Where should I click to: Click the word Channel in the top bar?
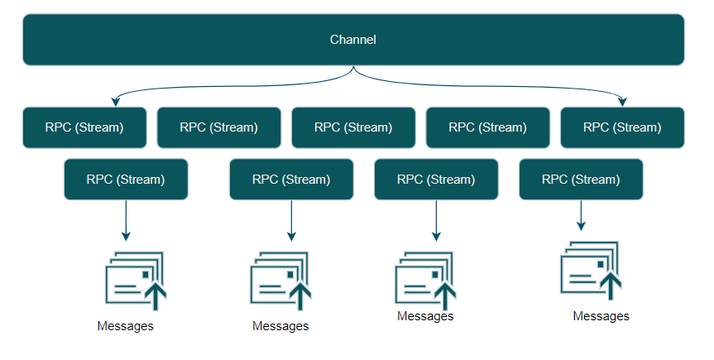tap(353, 40)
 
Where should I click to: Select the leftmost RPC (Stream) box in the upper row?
tap(84, 127)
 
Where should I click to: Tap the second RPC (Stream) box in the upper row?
tap(219, 127)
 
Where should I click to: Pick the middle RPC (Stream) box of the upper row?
tap(353, 127)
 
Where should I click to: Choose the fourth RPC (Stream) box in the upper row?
tap(487, 127)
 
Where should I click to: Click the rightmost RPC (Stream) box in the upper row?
tap(622, 127)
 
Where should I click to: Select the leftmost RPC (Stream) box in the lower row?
tap(126, 179)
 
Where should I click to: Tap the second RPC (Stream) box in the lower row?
tap(291, 179)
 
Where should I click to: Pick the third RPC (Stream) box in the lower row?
tap(436, 179)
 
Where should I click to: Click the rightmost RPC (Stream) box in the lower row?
tap(581, 179)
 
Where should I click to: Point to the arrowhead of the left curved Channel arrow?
tap(116, 102)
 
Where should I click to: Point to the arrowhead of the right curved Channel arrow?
tap(622, 102)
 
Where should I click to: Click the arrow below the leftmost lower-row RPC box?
tap(126, 221)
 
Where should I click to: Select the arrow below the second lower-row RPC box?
tap(291, 221)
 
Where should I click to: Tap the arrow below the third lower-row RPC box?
tap(436, 221)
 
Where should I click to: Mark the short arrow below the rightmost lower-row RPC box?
tap(581, 215)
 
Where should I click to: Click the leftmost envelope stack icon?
tap(136, 281)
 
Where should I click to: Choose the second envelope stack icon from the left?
tap(280, 281)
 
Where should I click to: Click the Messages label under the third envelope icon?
tap(425, 316)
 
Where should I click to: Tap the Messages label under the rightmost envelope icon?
tap(601, 316)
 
